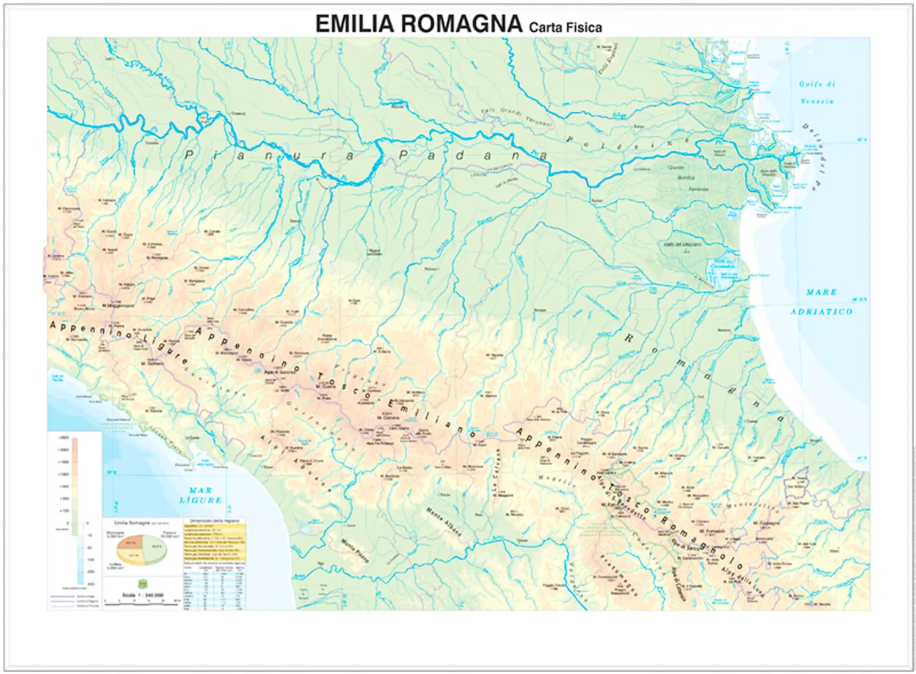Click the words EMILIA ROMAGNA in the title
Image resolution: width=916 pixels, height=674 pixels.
418,24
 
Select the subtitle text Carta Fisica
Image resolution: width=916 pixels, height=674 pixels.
565,27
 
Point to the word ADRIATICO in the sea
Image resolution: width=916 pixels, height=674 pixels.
821,311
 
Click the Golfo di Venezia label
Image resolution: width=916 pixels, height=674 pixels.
817,92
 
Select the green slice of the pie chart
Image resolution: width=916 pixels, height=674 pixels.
153,546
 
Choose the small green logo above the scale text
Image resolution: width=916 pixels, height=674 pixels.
142,583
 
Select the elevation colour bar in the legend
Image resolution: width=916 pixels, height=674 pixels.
74,482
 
